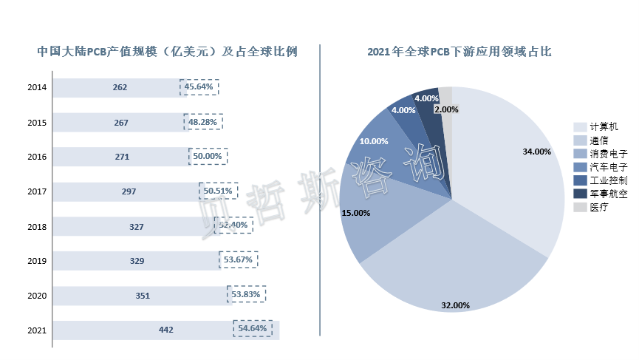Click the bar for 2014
pyautogui.click(x=118, y=87)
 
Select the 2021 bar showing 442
pyautogui.click(x=165, y=330)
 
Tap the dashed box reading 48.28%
pyautogui.click(x=203, y=122)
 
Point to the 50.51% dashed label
pyautogui.click(x=218, y=191)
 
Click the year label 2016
pyautogui.click(x=37, y=157)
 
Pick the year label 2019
pyautogui.click(x=37, y=261)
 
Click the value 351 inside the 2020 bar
pyautogui.click(x=143, y=296)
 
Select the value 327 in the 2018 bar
pyautogui.click(x=136, y=226)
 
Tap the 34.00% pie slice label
pyautogui.click(x=536, y=152)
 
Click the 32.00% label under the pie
pyautogui.click(x=455, y=305)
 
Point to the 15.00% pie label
pyautogui.click(x=356, y=212)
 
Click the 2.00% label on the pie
pyautogui.click(x=447, y=109)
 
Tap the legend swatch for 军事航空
pyautogui.click(x=580, y=194)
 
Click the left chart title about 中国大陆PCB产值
pyautogui.click(x=167, y=52)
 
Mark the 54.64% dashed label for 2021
pyautogui.click(x=253, y=327)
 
